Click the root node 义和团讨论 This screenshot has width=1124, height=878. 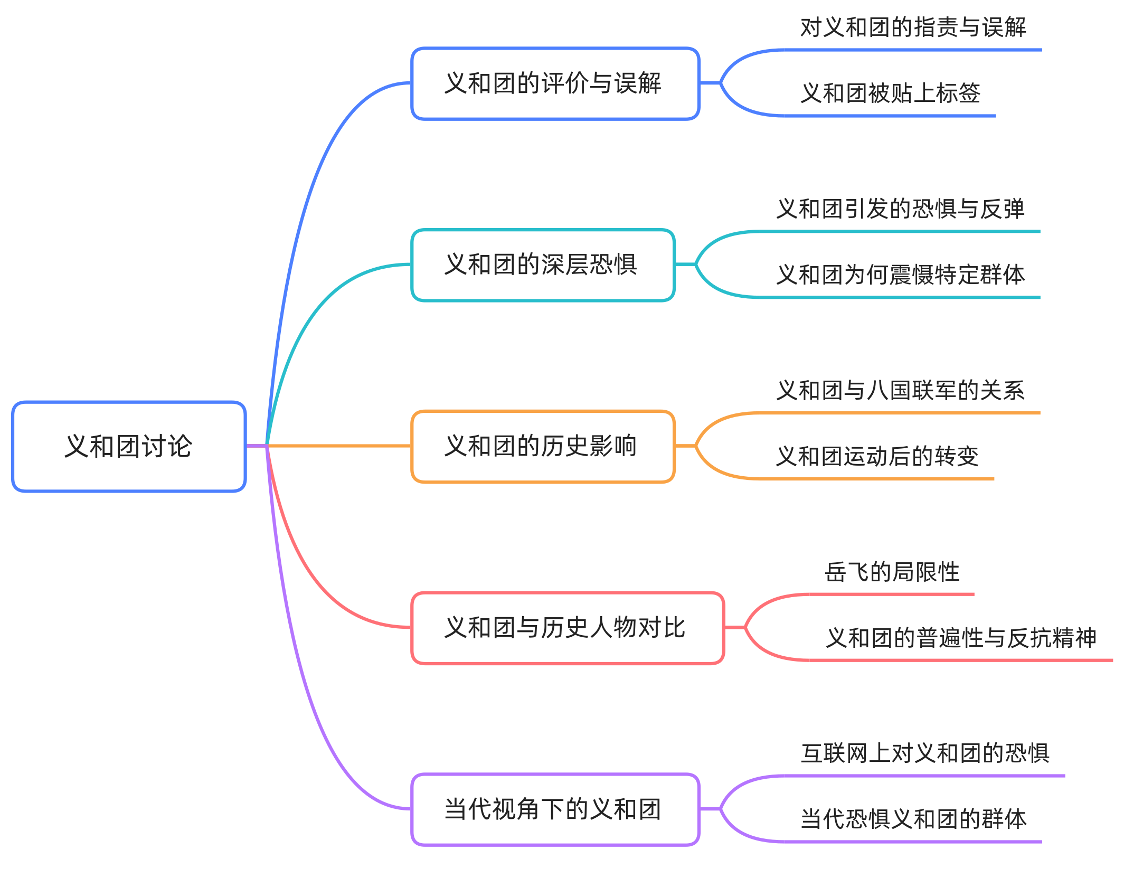(129, 447)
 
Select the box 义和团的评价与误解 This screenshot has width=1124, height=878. (555, 83)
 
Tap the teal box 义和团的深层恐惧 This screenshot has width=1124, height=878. (543, 265)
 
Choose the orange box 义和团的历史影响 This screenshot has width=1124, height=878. (543, 446)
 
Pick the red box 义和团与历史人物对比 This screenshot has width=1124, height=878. (567, 628)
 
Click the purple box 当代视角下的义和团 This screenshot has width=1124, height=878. (555, 809)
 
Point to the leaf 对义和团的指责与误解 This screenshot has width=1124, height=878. (913, 27)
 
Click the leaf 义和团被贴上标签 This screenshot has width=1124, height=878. (890, 93)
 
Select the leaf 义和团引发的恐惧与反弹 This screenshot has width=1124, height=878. (900, 209)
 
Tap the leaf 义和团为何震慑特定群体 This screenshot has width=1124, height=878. (900, 275)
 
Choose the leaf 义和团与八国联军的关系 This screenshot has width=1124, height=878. (900, 391)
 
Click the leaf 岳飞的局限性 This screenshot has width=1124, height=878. (892, 572)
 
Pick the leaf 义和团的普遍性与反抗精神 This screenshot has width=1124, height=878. (961, 638)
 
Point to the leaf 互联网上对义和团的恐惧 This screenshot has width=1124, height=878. (924, 753)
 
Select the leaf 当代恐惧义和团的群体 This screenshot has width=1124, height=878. (913, 819)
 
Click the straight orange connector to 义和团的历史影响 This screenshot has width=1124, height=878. (338, 446)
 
